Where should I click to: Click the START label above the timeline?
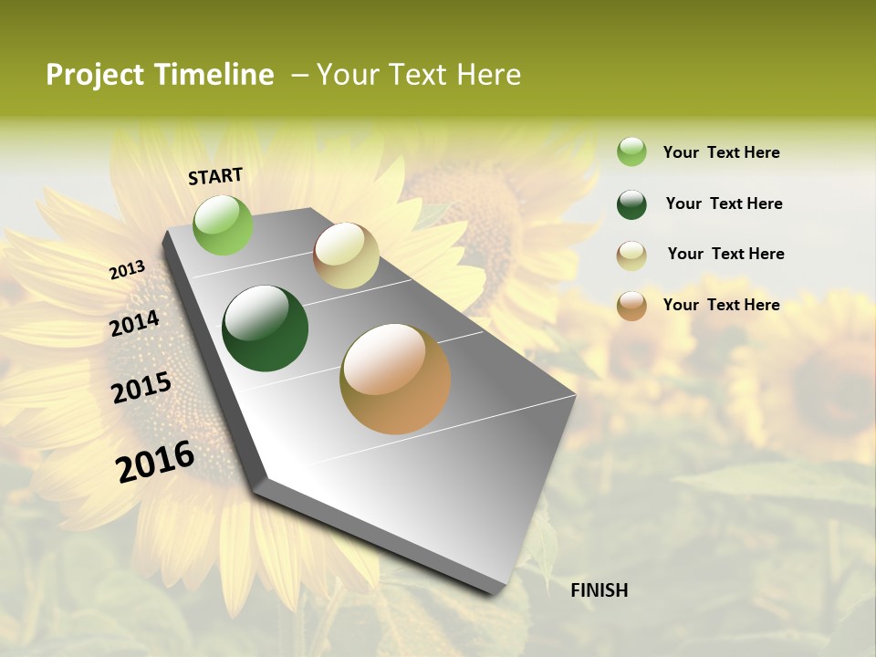[x=215, y=176]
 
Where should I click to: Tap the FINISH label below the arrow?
[x=599, y=590]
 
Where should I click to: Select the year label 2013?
[x=128, y=270]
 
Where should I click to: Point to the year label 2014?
[x=134, y=324]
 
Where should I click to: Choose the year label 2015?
[x=141, y=389]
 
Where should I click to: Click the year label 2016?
[x=155, y=462]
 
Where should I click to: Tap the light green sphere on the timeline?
[x=224, y=224]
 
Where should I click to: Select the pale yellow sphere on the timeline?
[x=346, y=255]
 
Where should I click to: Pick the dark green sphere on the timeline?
[x=266, y=328]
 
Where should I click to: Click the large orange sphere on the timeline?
[x=395, y=379]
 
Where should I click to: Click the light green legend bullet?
[x=631, y=151]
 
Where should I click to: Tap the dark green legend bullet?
[x=631, y=203]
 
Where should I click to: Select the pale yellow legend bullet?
[x=631, y=255]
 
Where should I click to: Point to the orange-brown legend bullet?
[x=631, y=305]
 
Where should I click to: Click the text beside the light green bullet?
[x=721, y=152]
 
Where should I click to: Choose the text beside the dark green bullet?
[x=724, y=203]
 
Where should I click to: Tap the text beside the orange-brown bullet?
[x=721, y=305]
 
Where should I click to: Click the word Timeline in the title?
[x=214, y=75]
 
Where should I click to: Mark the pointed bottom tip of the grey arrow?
[x=499, y=594]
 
